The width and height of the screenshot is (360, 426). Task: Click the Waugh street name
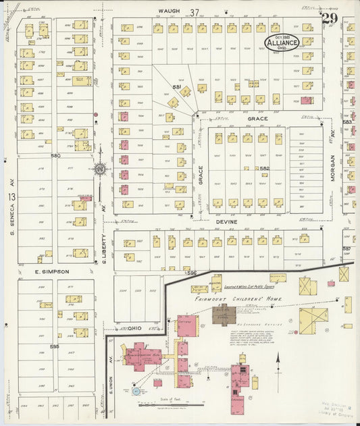pyautogui.click(x=167, y=11)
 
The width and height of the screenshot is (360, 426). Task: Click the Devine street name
pyautogui.click(x=224, y=221)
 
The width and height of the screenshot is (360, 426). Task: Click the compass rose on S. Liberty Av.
pyautogui.click(x=100, y=169)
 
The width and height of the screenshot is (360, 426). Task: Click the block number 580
pyautogui.click(x=55, y=155)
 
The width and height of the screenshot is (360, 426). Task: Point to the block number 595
pyautogui.click(x=55, y=346)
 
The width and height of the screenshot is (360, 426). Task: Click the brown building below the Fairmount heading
pyautogui.click(x=224, y=314)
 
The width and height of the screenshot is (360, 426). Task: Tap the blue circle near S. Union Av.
pyautogui.click(x=136, y=391)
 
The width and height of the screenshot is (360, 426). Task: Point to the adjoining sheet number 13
pyautogui.click(x=11, y=196)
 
